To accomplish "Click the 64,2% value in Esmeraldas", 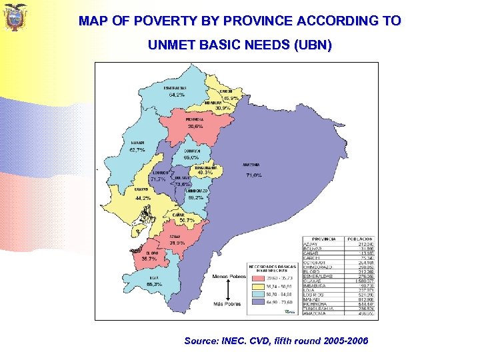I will pyautogui.click(x=177, y=96).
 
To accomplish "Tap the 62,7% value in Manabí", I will pyautogui.click(x=137, y=150).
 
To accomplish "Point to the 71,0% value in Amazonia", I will pyautogui.click(x=254, y=175).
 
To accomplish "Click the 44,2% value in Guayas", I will pyautogui.click(x=143, y=198).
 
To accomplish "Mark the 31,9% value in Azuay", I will pyautogui.click(x=177, y=243).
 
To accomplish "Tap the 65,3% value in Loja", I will pyautogui.click(x=154, y=284).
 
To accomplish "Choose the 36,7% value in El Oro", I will pyautogui.click(x=149, y=259).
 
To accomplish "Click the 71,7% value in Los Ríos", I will pyautogui.click(x=158, y=179).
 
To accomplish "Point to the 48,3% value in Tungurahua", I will pyautogui.click(x=205, y=173).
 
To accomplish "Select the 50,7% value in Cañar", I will pyautogui.click(x=187, y=220).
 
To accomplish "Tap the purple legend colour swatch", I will pyautogui.click(x=255, y=303).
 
